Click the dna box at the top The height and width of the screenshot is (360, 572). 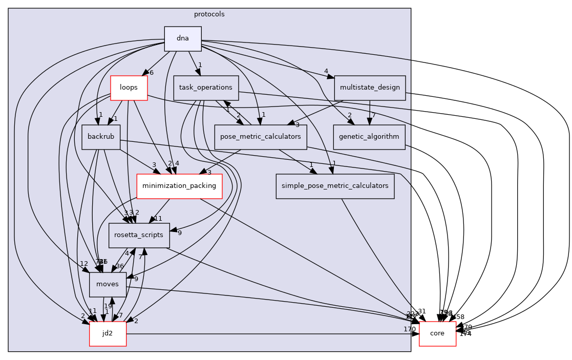click(x=182, y=38)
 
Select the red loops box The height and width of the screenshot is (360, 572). click(x=129, y=88)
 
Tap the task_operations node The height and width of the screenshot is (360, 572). click(x=206, y=88)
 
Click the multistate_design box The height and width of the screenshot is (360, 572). click(x=369, y=88)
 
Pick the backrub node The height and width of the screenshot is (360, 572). click(x=101, y=137)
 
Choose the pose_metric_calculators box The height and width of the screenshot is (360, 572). click(x=260, y=137)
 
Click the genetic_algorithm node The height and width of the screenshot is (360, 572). click(x=369, y=137)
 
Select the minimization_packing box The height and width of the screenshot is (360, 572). click(x=179, y=186)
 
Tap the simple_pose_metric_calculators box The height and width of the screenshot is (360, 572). click(x=335, y=186)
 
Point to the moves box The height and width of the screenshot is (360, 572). click(x=108, y=284)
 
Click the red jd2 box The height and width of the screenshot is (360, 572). click(x=108, y=333)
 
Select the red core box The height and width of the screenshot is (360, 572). click(x=437, y=333)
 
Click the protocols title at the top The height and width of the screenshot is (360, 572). click(x=209, y=14)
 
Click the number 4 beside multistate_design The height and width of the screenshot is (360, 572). click(x=326, y=71)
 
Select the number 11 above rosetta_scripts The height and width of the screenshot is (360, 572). click(x=158, y=219)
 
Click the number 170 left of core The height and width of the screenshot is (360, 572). click(x=410, y=329)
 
